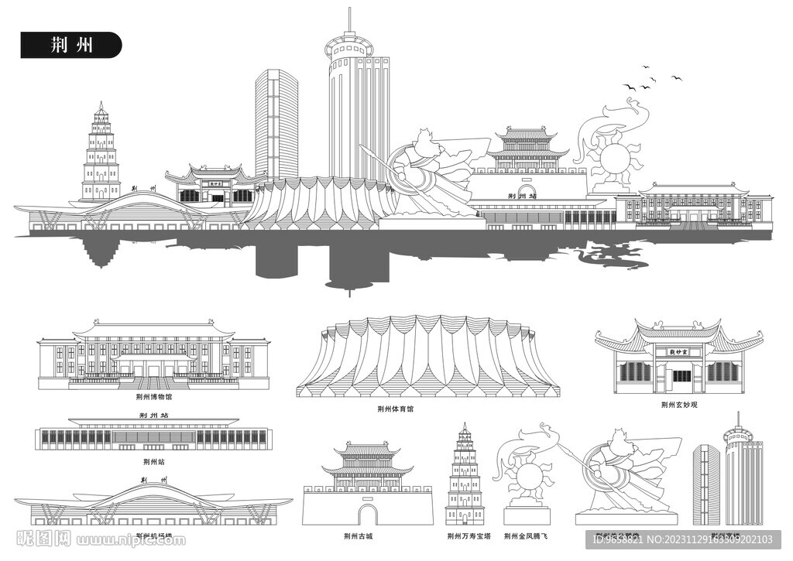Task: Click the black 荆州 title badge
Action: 70,45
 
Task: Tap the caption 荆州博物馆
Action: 153,397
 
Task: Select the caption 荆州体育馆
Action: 395,409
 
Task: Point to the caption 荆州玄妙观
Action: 679,404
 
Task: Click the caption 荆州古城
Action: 358,535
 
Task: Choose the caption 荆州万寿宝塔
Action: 465,535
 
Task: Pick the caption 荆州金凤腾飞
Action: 525,535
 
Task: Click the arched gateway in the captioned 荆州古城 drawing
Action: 367,514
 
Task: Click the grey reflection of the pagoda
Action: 100,251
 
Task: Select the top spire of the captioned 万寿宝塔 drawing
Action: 465,426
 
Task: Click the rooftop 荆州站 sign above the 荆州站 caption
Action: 153,416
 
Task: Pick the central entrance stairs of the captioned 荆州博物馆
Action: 153,382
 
